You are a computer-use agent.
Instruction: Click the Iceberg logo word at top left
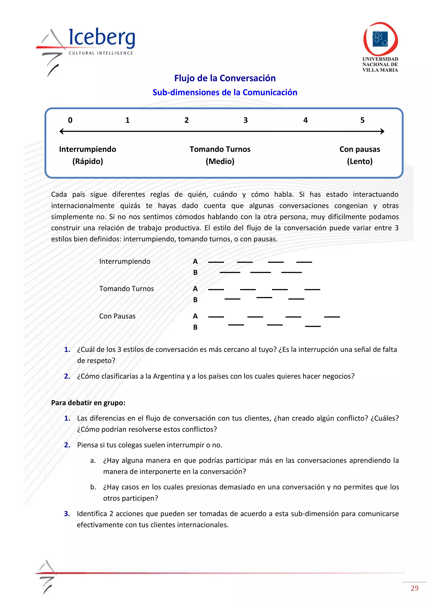coord(102,38)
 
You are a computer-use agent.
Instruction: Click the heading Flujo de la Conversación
coord(225,78)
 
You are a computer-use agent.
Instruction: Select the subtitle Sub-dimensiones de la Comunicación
coord(225,92)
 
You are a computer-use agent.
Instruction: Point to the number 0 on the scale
coord(70,120)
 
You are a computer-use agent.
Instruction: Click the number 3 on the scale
coord(245,120)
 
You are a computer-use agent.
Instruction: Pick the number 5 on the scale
coord(362,120)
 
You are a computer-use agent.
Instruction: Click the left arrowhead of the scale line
coord(62,131)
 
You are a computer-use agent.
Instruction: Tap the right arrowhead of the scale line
coord(382,131)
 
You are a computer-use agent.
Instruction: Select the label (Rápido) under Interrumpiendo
coord(88,161)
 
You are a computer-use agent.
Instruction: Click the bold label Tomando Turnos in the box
coord(220,149)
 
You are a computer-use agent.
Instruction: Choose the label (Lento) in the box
coord(360,161)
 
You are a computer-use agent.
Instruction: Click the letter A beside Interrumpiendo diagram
coord(195,262)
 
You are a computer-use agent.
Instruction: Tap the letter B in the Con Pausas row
coord(195,327)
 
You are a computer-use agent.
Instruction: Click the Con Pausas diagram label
coord(117,316)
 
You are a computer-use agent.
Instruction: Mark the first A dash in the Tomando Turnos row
coord(216,290)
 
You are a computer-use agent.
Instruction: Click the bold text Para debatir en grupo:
coord(88,403)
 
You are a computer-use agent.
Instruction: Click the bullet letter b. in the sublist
coord(93,487)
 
